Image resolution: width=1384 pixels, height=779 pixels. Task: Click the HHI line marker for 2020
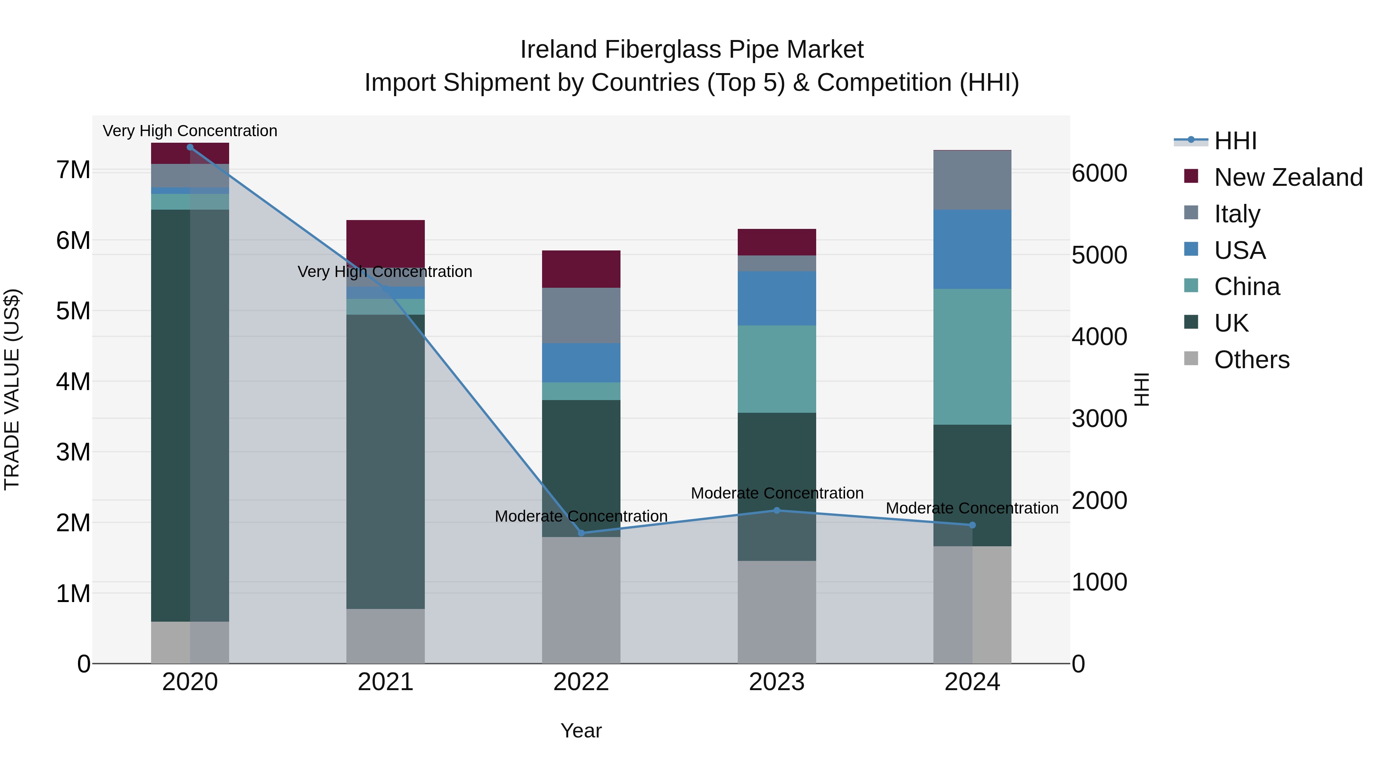tap(190, 147)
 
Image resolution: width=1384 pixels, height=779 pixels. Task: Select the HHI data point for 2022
tap(581, 533)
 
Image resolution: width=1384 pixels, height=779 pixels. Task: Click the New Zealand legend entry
tap(1288, 177)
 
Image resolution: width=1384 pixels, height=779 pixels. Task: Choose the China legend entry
tap(1246, 287)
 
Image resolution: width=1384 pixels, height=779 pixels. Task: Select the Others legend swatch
tap(1191, 359)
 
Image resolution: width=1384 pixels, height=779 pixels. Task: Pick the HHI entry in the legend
tap(1234, 141)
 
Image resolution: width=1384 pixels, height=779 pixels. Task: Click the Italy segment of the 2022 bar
tap(581, 315)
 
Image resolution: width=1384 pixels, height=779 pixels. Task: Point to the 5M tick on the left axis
tap(73, 311)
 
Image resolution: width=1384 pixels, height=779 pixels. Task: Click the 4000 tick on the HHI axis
tap(1099, 337)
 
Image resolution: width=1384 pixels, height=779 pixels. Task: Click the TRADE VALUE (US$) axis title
tap(12, 389)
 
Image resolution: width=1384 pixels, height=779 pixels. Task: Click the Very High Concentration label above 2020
tap(190, 131)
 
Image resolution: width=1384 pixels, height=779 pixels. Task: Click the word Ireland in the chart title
tap(559, 50)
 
